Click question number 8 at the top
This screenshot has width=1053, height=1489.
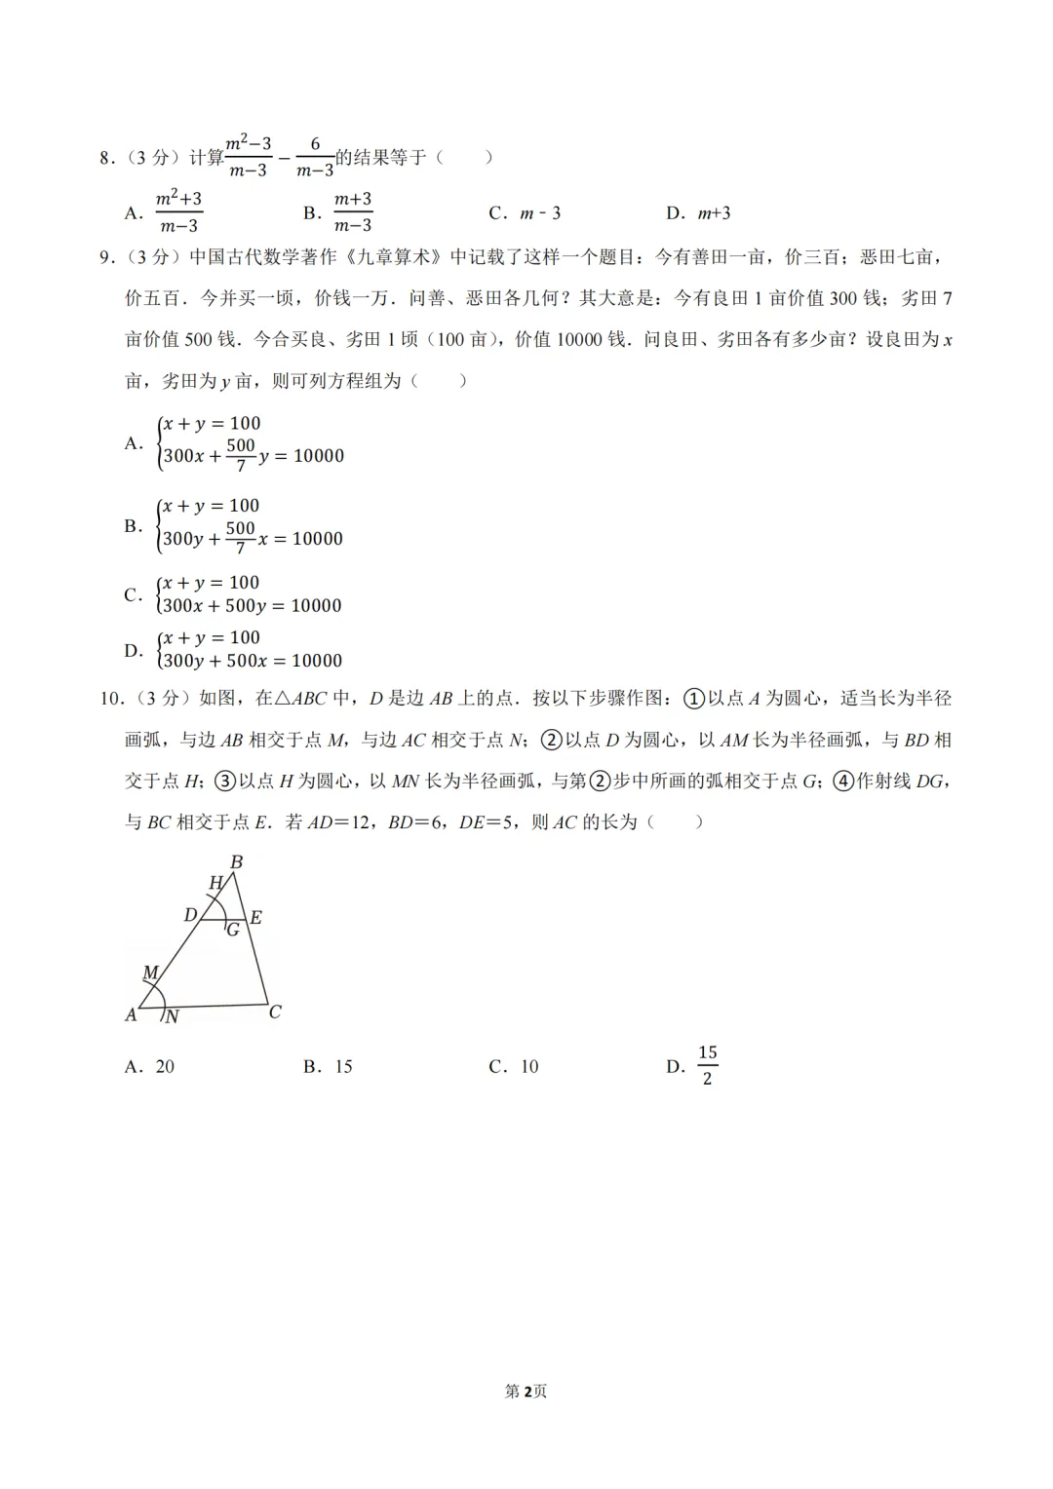click(105, 158)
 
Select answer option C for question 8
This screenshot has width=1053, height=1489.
click(526, 213)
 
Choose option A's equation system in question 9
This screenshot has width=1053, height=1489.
click(252, 440)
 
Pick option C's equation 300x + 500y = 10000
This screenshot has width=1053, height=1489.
click(252, 606)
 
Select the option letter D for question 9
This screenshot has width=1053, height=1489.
click(133, 650)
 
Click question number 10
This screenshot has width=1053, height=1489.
click(109, 699)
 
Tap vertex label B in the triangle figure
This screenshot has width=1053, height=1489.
click(236, 862)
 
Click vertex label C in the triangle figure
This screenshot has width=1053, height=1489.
click(275, 1012)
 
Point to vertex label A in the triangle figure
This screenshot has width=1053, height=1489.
click(131, 1015)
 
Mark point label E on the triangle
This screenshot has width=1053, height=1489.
click(255, 917)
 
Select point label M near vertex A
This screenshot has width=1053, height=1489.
click(150, 973)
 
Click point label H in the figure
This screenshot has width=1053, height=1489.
click(216, 883)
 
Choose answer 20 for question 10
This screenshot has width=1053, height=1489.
click(165, 1067)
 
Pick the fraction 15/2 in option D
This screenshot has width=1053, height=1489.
click(708, 1065)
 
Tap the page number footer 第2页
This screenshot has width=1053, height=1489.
click(526, 1392)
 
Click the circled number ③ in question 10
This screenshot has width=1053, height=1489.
click(225, 782)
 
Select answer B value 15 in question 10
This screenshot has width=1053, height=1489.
click(343, 1067)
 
